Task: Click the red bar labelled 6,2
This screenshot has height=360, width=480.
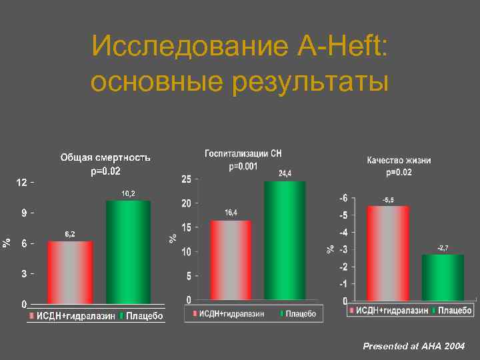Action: point(70,273)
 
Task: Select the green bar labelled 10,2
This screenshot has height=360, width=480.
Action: point(129,253)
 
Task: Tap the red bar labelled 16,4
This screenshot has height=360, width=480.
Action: point(231,260)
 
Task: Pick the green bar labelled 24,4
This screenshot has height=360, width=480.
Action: point(285,241)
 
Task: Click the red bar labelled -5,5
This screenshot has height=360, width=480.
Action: point(388,253)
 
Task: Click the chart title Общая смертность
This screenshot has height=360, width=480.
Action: point(105,158)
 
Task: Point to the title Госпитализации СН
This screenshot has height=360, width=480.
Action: point(243,154)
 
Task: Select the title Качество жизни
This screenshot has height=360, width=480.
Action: point(399,160)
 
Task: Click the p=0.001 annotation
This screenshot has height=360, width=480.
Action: point(243,167)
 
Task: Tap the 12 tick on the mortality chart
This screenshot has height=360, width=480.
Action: point(21,183)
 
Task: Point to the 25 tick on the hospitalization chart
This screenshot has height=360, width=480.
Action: point(186,179)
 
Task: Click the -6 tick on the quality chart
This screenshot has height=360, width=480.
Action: point(343,198)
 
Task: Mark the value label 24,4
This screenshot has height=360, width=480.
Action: point(285,173)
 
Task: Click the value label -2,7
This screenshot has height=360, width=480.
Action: point(443,247)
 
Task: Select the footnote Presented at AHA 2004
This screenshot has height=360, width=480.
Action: point(413,347)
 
